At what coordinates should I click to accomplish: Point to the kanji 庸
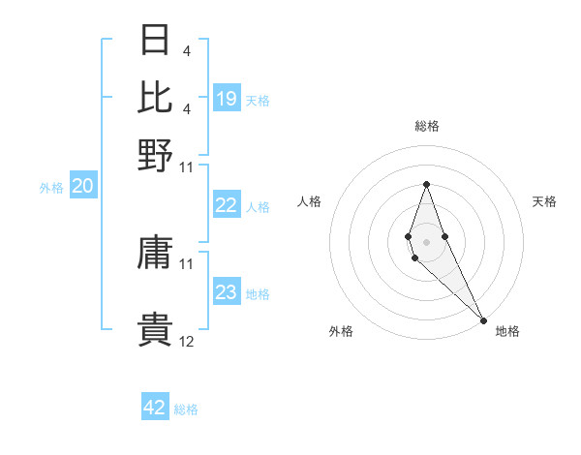155,256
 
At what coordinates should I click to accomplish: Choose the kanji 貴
155,330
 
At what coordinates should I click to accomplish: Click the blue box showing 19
227,98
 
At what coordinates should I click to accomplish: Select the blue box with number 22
227,205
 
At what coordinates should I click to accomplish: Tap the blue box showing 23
227,292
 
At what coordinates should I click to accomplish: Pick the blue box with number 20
82,187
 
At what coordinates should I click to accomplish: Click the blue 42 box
155,408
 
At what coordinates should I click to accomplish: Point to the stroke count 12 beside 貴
187,342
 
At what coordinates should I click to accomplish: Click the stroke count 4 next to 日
186,50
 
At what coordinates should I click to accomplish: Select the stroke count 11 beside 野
187,167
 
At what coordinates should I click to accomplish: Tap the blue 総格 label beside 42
186,409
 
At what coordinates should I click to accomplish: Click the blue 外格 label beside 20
51,188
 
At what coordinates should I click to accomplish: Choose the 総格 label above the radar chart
426,126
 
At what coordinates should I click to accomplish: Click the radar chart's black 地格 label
507,331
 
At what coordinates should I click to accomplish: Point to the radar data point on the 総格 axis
426,184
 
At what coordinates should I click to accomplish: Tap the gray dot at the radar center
426,242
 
